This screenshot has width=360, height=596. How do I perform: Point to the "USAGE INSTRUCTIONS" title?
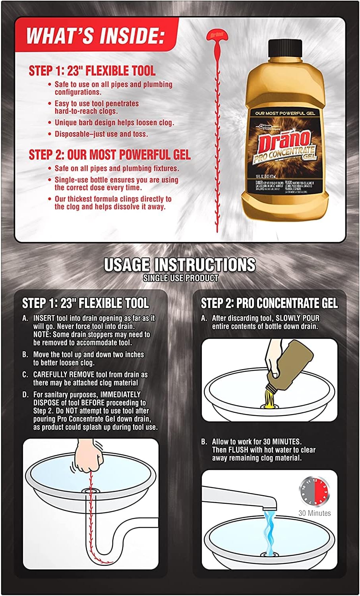click(x=180, y=265)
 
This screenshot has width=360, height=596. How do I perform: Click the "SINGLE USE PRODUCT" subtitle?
click(x=180, y=278)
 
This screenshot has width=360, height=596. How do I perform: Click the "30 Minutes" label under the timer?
click(x=314, y=513)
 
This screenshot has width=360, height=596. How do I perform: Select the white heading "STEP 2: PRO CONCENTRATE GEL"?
click(x=269, y=304)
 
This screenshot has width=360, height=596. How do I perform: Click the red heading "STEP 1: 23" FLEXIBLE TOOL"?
click(x=92, y=71)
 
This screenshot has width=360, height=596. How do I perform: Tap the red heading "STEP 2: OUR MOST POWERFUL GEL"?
click(x=109, y=155)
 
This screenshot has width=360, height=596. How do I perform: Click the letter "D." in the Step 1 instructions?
click(x=25, y=395)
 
